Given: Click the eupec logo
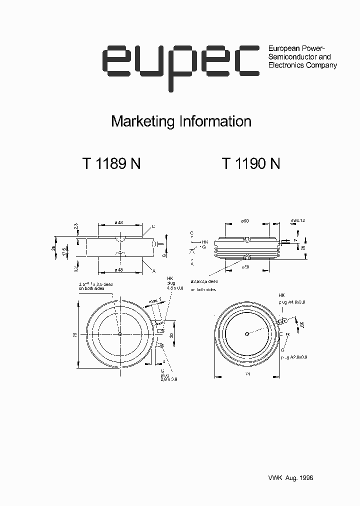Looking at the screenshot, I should click(x=180, y=65).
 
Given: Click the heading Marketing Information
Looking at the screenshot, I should click(x=180, y=121).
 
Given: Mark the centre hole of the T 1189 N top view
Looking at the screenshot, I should click(x=120, y=334).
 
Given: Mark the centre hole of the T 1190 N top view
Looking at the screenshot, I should click(x=247, y=334).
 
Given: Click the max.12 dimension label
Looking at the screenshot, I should click(x=298, y=220).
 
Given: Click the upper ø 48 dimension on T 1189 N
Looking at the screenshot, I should click(x=119, y=222).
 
